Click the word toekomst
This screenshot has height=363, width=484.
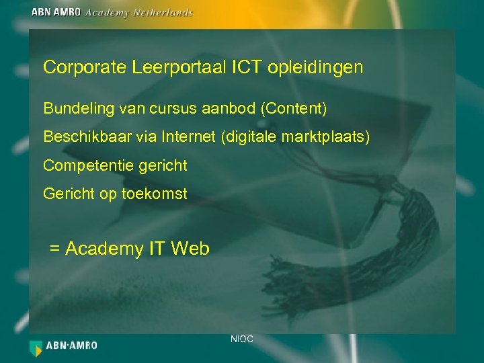coord(155,194)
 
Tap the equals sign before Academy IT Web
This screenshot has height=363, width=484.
coord(55,249)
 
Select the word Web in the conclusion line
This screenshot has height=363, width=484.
coord(190,249)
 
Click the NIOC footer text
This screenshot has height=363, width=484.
coord(242,339)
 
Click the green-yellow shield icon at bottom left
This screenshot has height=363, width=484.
coord(36,347)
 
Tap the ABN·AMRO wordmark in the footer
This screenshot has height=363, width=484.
coord(72,346)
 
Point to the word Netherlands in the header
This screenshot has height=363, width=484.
coord(161,12)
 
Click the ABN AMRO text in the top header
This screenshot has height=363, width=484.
coord(56,12)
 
